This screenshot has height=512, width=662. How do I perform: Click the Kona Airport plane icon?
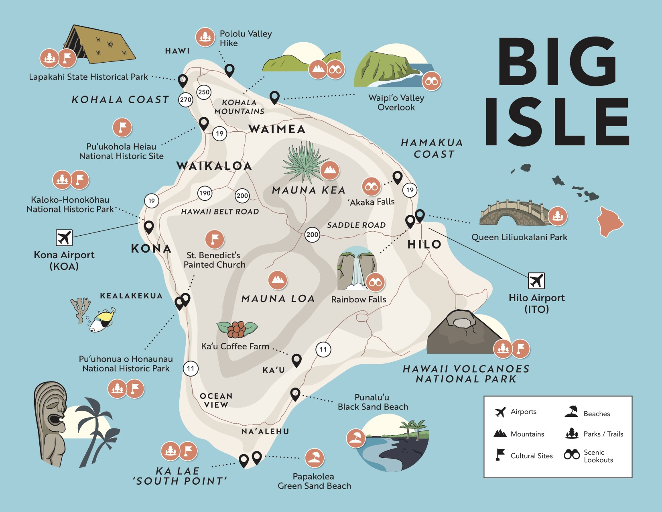[x=64, y=238]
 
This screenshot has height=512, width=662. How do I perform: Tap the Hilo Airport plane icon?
[x=536, y=281]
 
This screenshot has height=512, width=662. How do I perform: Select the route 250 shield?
[x=204, y=92]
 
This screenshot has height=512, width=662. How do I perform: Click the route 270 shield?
[x=185, y=100]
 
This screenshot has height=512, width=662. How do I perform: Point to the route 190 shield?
[x=205, y=193]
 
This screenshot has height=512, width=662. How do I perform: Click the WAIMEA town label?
[x=277, y=129]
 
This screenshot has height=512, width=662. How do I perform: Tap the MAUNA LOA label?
[x=278, y=298]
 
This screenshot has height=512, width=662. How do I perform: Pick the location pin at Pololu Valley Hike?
[x=229, y=70]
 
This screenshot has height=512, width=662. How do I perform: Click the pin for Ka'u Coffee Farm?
[x=296, y=359]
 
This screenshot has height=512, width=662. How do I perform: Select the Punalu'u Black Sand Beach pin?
[x=295, y=394]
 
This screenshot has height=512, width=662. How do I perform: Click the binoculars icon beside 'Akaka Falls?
[x=372, y=187]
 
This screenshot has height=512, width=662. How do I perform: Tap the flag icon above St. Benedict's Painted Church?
[x=215, y=239]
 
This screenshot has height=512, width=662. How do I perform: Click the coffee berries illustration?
[x=237, y=329]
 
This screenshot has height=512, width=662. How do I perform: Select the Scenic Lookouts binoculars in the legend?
[x=572, y=455]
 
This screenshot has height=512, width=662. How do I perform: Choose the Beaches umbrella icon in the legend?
[x=572, y=412]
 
